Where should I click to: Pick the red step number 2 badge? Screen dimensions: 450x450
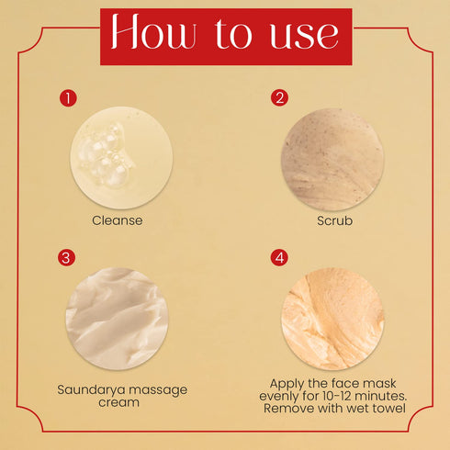click(280, 96)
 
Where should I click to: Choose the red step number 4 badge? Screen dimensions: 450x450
click(280, 257)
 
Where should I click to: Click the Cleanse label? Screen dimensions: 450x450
click(117, 220)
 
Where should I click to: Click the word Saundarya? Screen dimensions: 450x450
click(90, 389)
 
